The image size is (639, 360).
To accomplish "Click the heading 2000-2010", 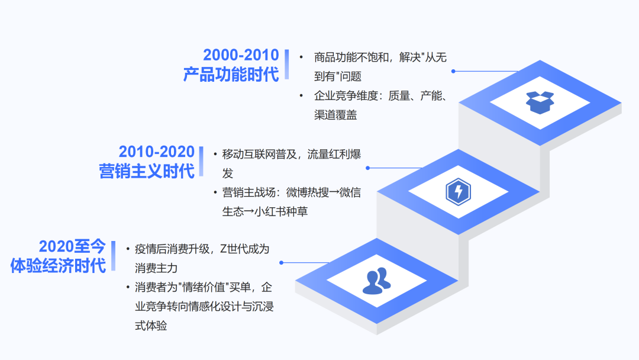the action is pyautogui.click(x=241, y=55).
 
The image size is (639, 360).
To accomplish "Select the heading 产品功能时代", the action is pyautogui.click(x=231, y=75).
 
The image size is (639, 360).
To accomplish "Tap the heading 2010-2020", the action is pyautogui.click(x=156, y=152).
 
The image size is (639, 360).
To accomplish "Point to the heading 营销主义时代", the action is pyautogui.click(x=147, y=171).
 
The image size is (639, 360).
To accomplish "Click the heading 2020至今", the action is pyautogui.click(x=72, y=247).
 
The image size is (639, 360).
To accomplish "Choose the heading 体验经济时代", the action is pyautogui.click(x=58, y=266).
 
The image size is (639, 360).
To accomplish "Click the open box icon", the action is pyautogui.click(x=540, y=103).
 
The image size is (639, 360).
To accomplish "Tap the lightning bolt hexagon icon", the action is pyautogui.click(x=459, y=192).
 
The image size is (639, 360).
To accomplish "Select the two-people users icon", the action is pyautogui.click(x=376, y=281).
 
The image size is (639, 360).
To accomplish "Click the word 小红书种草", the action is pyautogui.click(x=281, y=211).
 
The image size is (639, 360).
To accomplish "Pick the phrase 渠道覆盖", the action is pyautogui.click(x=335, y=115).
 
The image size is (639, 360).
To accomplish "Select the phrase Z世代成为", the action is pyautogui.click(x=244, y=249).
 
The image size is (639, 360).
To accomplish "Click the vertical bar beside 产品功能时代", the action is pyautogui.click(x=287, y=65).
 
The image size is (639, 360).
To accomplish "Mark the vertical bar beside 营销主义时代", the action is pyautogui.click(x=201, y=161).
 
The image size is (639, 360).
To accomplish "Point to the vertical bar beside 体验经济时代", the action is pyautogui.click(x=113, y=256).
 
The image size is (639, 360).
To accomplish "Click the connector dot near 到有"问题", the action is pyautogui.click(x=453, y=71).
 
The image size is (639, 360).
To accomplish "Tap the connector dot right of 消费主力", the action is pyautogui.click(x=281, y=262).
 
